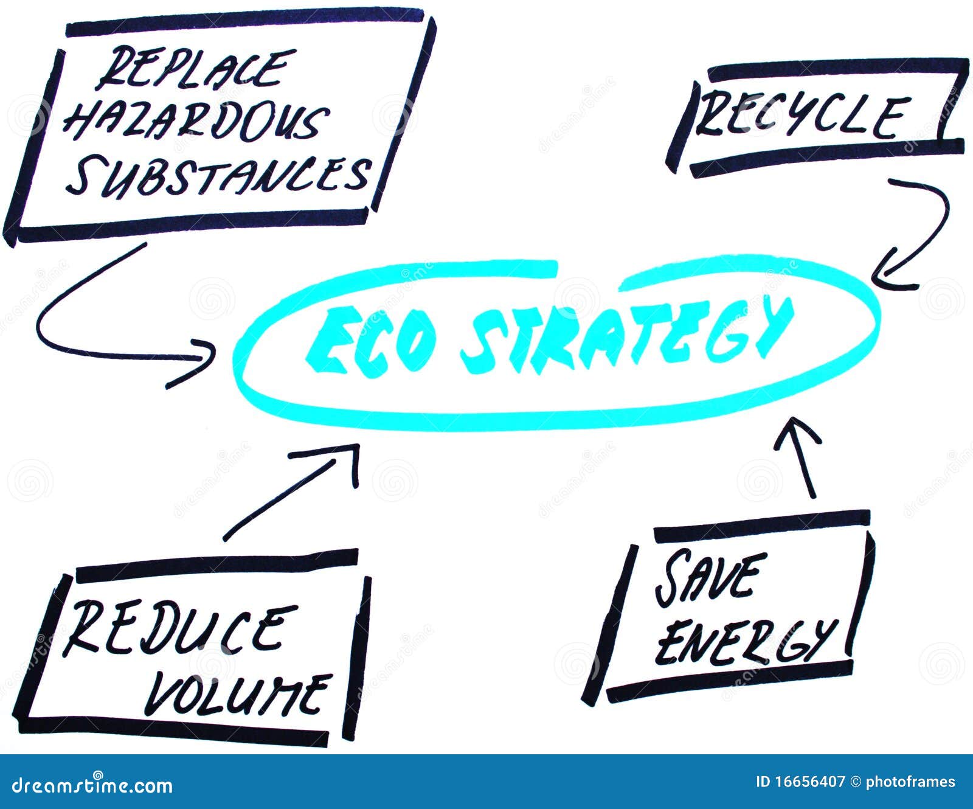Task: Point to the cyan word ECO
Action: (371, 341)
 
